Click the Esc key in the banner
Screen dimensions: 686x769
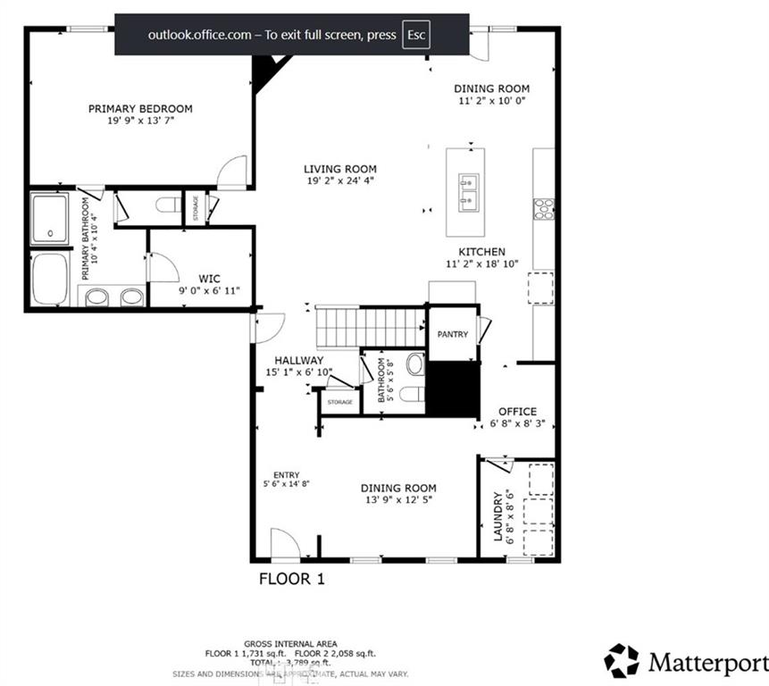416,35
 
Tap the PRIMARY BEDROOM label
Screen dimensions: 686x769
140,109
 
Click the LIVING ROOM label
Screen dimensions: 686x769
339,169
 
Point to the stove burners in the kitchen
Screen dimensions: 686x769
543,208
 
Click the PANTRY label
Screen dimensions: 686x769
453,334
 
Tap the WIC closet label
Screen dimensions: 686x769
209,279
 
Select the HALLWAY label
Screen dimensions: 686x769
298,360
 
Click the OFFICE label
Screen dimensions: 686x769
517,412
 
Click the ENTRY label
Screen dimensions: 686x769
287,475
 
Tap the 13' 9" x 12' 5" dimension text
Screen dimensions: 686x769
398,500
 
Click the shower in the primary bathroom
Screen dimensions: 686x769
50,220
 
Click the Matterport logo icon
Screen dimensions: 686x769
622,661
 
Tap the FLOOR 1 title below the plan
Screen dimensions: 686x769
291,579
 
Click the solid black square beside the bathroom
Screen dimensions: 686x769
454,388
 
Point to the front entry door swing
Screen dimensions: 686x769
284,543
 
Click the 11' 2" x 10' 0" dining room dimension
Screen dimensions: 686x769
491,101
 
